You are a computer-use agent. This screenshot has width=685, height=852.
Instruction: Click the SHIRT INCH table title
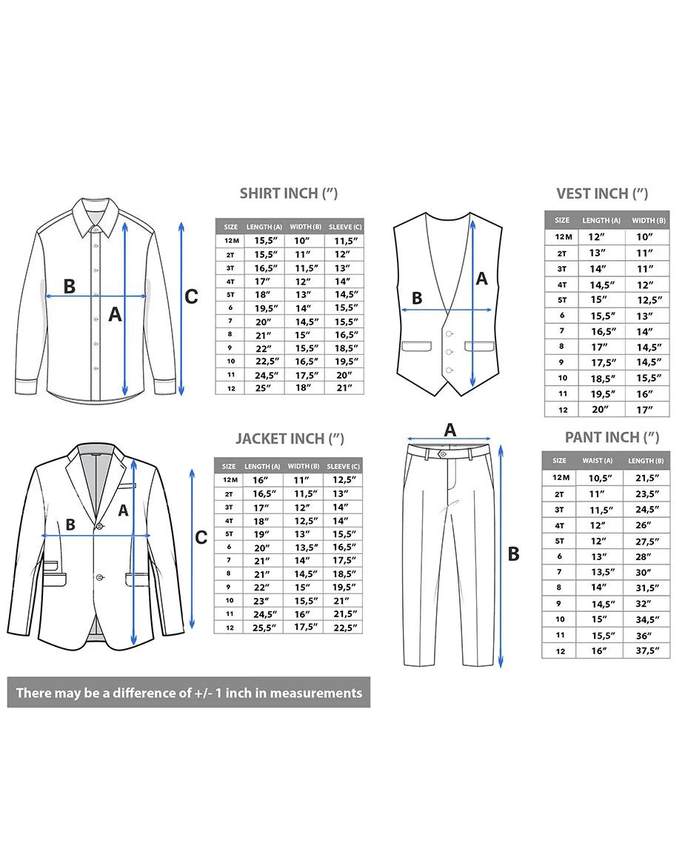[x=289, y=193]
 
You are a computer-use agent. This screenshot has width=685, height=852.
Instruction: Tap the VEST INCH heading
[x=602, y=193]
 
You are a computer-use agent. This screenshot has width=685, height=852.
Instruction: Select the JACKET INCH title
[x=290, y=439]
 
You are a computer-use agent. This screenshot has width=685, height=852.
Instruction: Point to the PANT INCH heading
[x=612, y=437]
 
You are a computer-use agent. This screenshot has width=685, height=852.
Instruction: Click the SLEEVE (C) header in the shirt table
[x=344, y=227]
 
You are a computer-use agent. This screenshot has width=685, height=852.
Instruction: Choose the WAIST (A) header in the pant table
[x=598, y=461]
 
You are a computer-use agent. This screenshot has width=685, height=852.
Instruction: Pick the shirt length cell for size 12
[x=263, y=388]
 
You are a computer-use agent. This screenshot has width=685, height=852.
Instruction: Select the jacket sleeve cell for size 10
[x=341, y=601]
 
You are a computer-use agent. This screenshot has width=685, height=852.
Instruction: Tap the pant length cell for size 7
[x=644, y=572]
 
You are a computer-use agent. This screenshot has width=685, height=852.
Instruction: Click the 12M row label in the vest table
[x=564, y=237]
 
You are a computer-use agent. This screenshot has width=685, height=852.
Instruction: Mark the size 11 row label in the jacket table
[x=230, y=614]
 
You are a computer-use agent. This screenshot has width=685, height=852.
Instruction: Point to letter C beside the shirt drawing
[x=191, y=296]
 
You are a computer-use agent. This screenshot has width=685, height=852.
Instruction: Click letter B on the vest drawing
[x=417, y=298]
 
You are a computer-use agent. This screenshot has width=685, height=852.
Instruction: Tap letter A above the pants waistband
[x=450, y=430]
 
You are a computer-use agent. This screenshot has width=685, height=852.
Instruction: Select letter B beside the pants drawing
[x=513, y=553]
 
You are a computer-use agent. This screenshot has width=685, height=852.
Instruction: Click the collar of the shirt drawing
[x=96, y=215]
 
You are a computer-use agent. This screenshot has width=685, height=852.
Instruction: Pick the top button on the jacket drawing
[x=99, y=526]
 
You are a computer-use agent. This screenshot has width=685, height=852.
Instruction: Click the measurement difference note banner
[x=189, y=692]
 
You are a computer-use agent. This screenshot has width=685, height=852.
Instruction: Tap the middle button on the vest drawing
[x=450, y=352]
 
